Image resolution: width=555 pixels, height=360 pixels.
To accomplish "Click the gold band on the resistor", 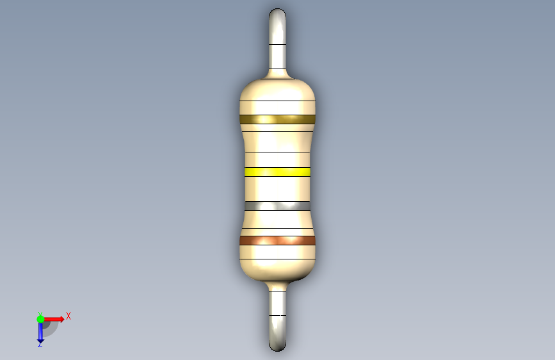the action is pos(277,119).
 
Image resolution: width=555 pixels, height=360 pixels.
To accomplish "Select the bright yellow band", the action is pos(277,172).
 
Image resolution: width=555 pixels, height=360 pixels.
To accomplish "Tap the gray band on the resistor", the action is pos(277,206).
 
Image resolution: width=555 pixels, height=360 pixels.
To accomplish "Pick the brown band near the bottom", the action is pos(277,241).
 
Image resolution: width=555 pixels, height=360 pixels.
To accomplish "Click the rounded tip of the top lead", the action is pos(278,12).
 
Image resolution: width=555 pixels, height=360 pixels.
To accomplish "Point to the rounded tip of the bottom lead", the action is pos(278,347).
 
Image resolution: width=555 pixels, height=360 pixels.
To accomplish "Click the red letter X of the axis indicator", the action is pos(68,316).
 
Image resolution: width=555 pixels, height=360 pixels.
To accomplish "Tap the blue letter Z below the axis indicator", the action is pos(40,344).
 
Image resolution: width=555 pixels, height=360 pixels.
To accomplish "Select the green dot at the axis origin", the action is pos(40,319).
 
